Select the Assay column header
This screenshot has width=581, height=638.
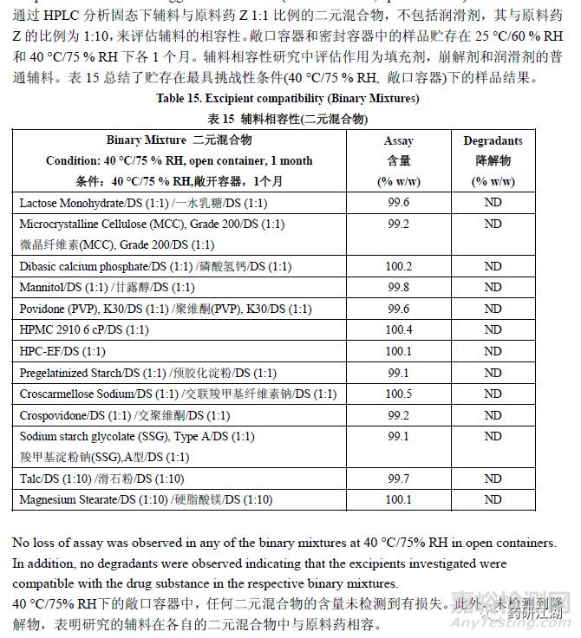pos(399,141)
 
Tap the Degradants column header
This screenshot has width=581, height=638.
pos(493,141)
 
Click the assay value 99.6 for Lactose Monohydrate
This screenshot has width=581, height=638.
pos(399,202)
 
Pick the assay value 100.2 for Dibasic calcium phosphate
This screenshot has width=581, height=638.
pos(399,265)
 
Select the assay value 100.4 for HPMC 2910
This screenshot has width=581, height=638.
pos(399,329)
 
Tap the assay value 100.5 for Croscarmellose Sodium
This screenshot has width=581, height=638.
pos(399,394)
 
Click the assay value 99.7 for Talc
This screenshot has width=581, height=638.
pos(399,478)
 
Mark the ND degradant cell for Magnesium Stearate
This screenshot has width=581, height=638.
pos(493,499)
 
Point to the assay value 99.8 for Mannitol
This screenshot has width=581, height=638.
pos(399,287)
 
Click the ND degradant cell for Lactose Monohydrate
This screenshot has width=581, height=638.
pos(493,202)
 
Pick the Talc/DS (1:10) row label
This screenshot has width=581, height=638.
pos(101,478)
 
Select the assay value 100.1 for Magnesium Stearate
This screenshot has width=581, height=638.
pos(399,499)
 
